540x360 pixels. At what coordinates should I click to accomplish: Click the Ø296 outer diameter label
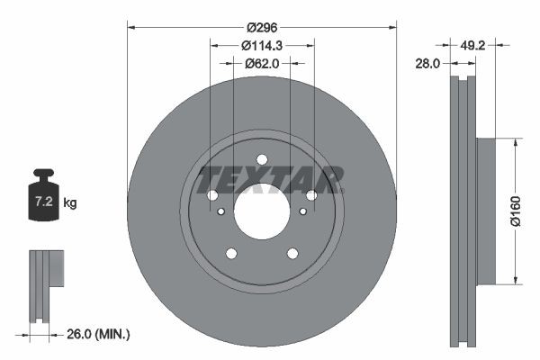click(261, 28)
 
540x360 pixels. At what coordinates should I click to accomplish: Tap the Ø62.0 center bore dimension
click(262, 64)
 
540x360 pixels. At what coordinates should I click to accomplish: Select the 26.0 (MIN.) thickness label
click(99, 334)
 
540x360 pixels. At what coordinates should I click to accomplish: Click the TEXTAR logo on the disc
click(270, 180)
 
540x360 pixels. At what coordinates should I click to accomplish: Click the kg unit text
click(70, 203)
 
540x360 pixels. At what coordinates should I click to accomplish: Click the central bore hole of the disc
click(262, 212)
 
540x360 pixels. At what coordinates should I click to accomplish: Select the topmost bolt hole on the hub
click(262, 160)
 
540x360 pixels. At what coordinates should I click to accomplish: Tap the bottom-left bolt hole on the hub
click(231, 254)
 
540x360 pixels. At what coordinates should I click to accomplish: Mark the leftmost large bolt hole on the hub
click(212, 195)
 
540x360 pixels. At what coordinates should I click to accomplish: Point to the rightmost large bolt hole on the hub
click(311, 195)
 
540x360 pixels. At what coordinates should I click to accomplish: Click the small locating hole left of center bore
click(221, 211)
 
